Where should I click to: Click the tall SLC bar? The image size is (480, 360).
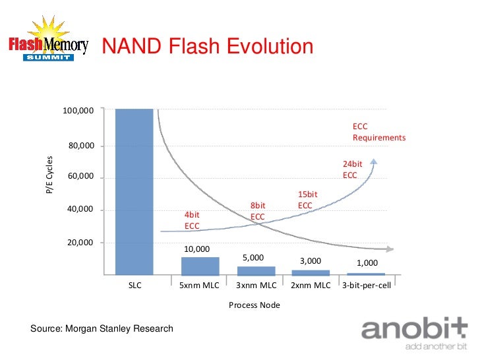pos(134,191)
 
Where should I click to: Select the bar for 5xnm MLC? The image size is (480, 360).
pos(200,266)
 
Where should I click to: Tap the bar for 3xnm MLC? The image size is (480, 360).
pos(256,270)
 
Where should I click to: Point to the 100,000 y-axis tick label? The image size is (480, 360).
pos(78,111)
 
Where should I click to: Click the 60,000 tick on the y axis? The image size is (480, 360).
pos(81,177)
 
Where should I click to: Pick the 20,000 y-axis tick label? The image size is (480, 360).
pos(81,243)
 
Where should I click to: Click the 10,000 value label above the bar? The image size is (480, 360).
pos(196,249)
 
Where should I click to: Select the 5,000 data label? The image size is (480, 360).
pos(253,257)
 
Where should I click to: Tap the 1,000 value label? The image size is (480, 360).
pos(367,262)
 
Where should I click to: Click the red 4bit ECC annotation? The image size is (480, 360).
pos(192,220)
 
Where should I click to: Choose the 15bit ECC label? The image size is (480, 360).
pos(307,200)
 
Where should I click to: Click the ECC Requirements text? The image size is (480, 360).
pos(378,132)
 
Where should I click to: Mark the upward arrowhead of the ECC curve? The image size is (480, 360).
pos(374,162)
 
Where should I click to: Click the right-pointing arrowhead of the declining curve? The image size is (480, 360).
pos(390,249)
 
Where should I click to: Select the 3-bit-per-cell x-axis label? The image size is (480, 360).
pos(367,285)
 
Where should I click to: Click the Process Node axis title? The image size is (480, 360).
pos(255,305)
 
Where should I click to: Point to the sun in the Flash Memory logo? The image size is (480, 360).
pos(47,32)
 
